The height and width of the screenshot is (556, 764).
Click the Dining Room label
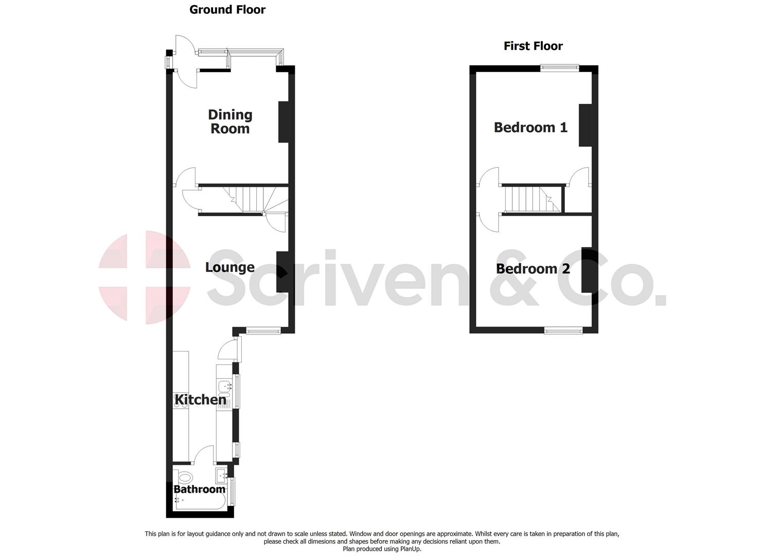[230, 121]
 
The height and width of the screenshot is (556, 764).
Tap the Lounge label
[229, 267]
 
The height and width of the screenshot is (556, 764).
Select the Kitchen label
[200, 399]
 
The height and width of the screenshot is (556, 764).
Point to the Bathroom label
[199, 489]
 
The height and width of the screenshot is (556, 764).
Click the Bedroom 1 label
[530, 127]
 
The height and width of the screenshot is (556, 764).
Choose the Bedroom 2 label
[532, 269]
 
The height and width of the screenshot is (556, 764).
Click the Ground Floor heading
[227, 9]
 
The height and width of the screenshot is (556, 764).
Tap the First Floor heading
[533, 46]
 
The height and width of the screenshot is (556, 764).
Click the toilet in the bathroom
[184, 477]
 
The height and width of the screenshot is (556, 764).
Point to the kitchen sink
[225, 386]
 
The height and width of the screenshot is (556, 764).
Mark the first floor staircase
[530, 199]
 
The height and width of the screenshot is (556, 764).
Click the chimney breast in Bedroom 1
[585, 125]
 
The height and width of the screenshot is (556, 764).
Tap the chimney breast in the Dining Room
[283, 121]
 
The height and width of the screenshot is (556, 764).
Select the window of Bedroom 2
[563, 331]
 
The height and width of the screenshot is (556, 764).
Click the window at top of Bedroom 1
[559, 67]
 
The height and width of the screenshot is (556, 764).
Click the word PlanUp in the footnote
[410, 549]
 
